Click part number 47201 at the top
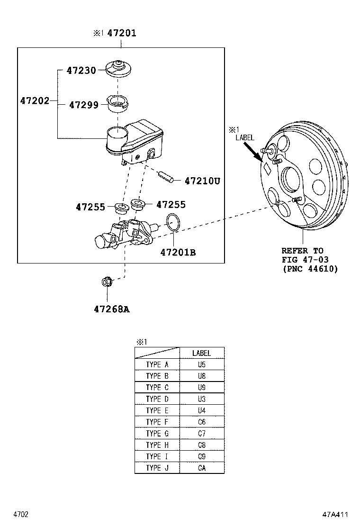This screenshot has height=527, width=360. click(x=121, y=33)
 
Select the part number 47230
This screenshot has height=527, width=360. click(x=81, y=71)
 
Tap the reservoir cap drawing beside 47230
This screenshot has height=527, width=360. click(x=117, y=70)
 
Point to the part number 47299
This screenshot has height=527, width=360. click(x=84, y=105)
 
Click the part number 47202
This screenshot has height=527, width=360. click(x=35, y=101)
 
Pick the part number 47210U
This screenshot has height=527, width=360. click(x=202, y=181)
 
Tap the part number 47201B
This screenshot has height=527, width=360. click(x=178, y=253)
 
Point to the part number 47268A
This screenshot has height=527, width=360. click(x=111, y=309)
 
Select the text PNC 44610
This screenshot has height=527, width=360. click(x=310, y=269)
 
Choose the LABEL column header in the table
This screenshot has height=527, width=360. click(x=201, y=353)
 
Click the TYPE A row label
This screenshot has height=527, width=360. click(x=157, y=365)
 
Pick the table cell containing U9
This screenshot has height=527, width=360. click(x=201, y=388)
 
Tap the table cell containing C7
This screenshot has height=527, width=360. click(x=201, y=433)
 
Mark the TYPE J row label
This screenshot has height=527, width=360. click(x=157, y=468)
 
